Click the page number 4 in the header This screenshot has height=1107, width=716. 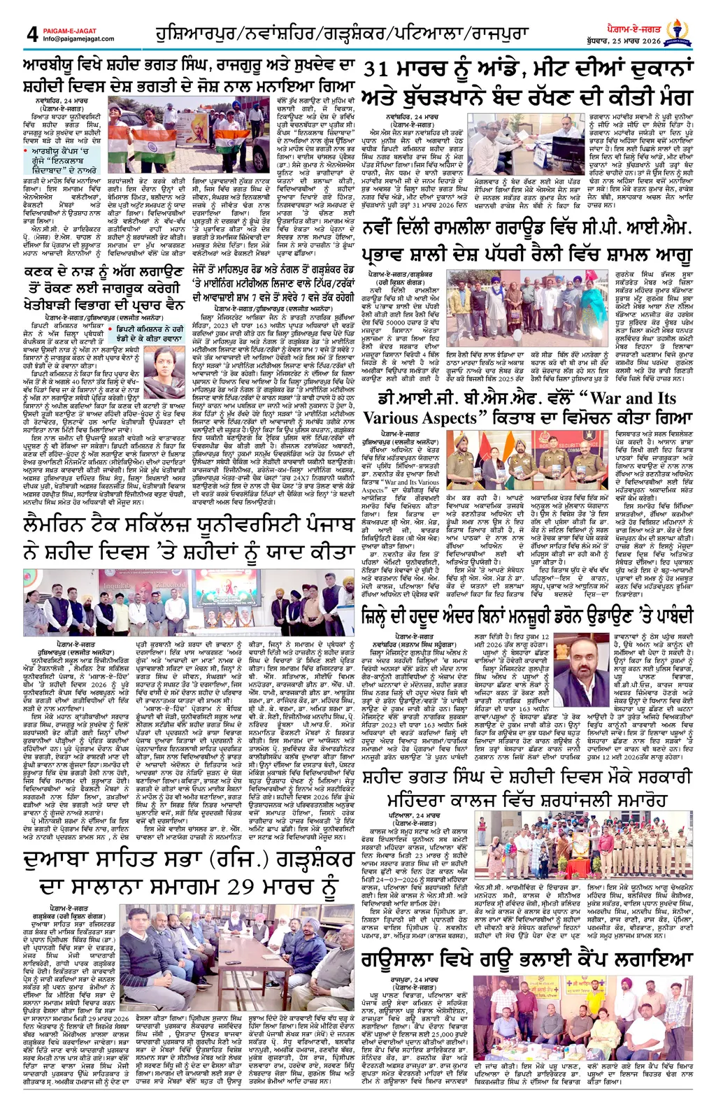[x=32, y=34]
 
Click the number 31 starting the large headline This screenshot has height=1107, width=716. [x=385, y=70]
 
